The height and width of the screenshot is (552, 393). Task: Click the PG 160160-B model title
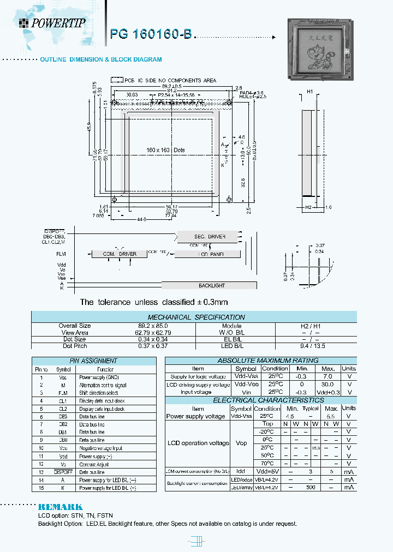click(151, 34)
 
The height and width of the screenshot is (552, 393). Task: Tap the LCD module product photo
click(320, 49)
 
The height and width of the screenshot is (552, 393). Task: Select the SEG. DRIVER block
click(210, 236)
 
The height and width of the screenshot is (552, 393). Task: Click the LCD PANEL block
click(211, 254)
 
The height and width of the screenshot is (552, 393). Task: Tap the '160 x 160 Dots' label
click(166, 149)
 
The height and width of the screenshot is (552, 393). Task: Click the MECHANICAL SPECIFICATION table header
click(196, 317)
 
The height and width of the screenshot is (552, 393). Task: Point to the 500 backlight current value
click(311, 487)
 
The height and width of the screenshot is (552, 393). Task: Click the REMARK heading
click(60, 507)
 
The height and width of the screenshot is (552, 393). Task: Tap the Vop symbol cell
click(241, 443)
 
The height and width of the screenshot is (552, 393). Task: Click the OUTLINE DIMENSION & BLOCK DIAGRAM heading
click(101, 59)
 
